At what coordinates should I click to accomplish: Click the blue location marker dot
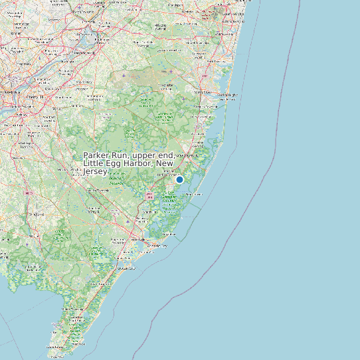tap(179, 179)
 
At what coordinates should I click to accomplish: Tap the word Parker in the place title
tap(97, 155)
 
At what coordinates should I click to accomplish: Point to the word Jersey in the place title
tap(96, 171)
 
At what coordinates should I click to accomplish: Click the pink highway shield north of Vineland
tap(29, 193)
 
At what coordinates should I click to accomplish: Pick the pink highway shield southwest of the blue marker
tap(151, 197)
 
